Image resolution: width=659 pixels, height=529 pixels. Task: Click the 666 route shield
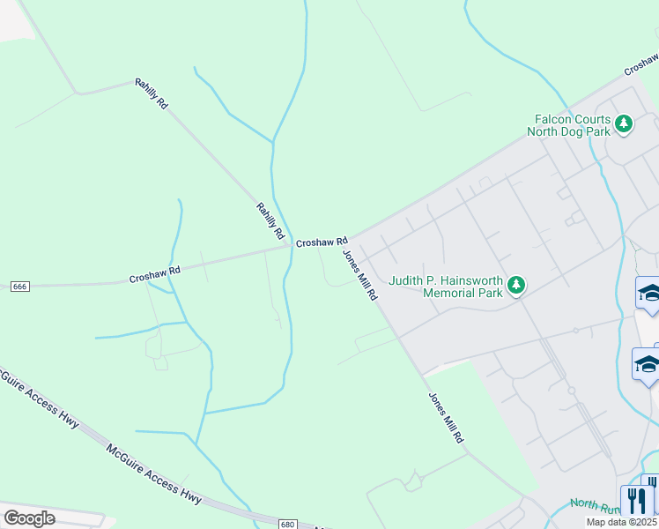(21, 287)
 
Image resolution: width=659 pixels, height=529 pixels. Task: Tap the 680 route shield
(287, 524)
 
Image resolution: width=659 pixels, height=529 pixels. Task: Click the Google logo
(29, 518)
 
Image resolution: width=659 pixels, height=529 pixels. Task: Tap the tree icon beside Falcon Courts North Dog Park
(624, 124)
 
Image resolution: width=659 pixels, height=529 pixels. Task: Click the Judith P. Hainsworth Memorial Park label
(446, 287)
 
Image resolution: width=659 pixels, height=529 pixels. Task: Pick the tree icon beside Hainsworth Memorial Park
(516, 286)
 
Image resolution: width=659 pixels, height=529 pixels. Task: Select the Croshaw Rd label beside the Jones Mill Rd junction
(322, 242)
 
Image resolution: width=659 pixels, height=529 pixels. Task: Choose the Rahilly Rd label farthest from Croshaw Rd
(151, 93)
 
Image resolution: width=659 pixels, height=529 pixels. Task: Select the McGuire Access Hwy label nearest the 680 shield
(154, 474)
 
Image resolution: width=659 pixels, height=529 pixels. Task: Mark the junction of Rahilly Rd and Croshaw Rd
(290, 246)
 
